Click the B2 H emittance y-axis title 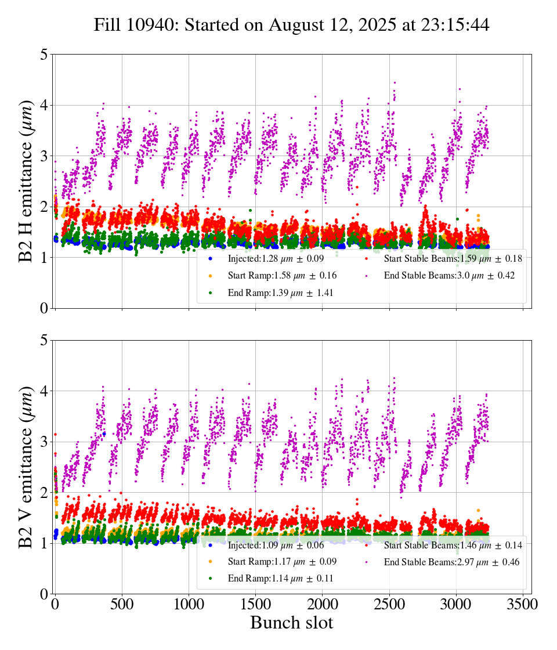[27, 181]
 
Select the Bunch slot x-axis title [292, 623]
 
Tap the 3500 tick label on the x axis [523, 604]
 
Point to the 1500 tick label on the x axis [256, 604]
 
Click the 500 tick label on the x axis [122, 604]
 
